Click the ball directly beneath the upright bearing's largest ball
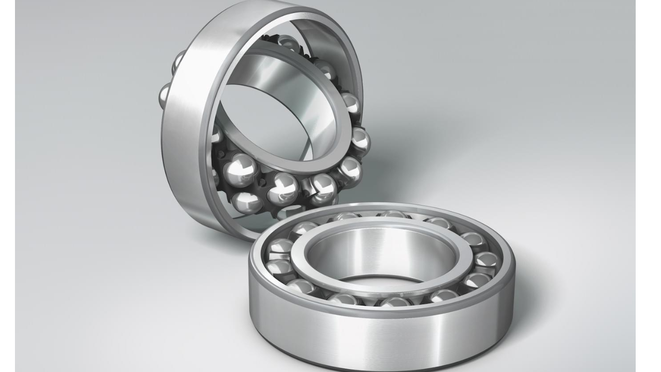click(246, 202)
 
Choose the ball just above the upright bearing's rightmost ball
click(351, 103)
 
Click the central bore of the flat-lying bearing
click(382, 256)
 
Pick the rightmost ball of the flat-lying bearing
click(486, 260)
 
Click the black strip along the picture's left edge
click(7, 186)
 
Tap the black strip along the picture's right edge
click(648, 186)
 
